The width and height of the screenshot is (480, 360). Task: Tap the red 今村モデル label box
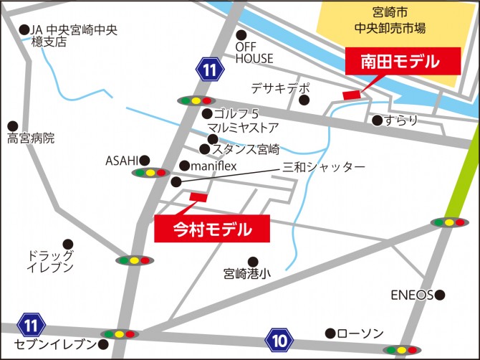pyautogui.click(x=212, y=229)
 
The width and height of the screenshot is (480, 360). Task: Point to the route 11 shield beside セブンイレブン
pyautogui.click(x=30, y=325)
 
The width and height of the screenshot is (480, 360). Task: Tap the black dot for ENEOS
pyautogui.click(x=440, y=295)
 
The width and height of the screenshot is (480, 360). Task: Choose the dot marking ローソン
pyautogui.click(x=330, y=333)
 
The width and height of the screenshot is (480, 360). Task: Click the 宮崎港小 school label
pyautogui.click(x=247, y=274)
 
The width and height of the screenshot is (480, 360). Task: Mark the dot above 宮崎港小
pyautogui.click(x=252, y=262)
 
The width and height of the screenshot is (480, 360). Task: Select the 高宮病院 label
pyautogui.click(x=31, y=138)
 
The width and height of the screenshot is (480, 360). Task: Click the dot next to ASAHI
pyautogui.click(x=145, y=160)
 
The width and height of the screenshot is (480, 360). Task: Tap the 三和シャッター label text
pyautogui.click(x=324, y=167)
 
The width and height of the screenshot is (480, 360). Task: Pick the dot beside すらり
pyautogui.click(x=377, y=120)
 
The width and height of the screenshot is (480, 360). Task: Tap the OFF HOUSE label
pyautogui.click(x=254, y=52)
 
